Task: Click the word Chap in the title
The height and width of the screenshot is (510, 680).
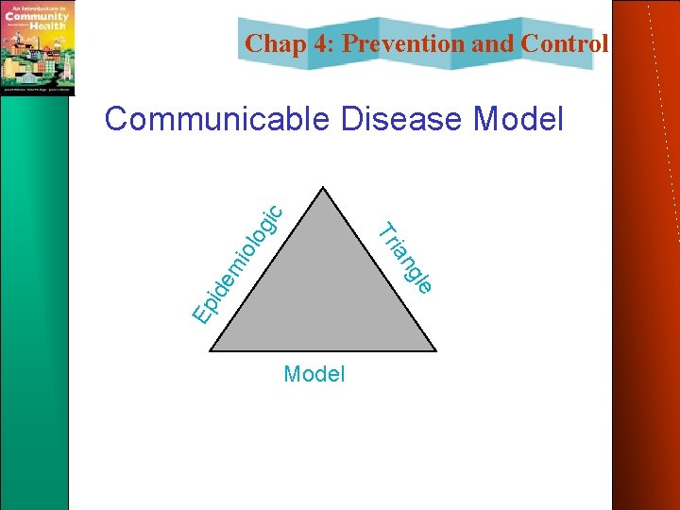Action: [x=273, y=43]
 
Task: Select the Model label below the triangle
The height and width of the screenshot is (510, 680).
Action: [x=314, y=374]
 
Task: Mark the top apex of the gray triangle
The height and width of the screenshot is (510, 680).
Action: [x=324, y=188]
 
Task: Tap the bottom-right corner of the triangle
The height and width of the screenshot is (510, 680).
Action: [x=435, y=350]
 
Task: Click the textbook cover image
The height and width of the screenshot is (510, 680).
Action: [x=38, y=47]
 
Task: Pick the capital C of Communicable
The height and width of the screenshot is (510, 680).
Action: [x=118, y=120]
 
